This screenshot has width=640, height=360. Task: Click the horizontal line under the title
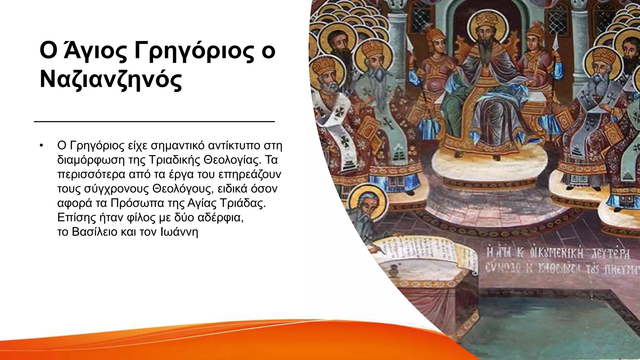coord(154,121)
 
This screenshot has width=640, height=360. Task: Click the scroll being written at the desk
coord(425,255)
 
